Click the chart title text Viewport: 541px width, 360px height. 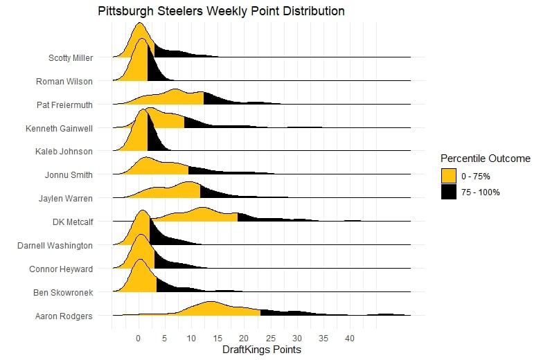click(x=221, y=12)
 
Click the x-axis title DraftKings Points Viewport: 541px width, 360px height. click(x=261, y=350)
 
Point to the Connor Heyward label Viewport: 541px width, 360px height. click(x=61, y=269)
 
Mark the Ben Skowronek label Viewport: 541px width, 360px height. click(x=63, y=292)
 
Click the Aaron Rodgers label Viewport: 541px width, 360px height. click(x=64, y=316)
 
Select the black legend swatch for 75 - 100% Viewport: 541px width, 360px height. click(x=449, y=192)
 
